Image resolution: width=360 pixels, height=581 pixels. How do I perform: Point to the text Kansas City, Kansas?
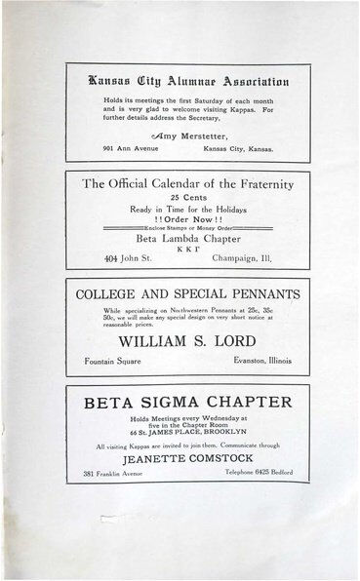point(236,149)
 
